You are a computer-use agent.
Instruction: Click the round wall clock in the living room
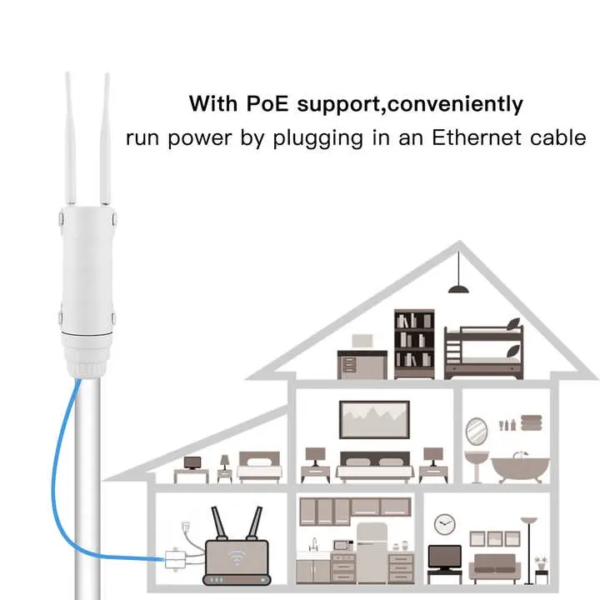tap(445, 524)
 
